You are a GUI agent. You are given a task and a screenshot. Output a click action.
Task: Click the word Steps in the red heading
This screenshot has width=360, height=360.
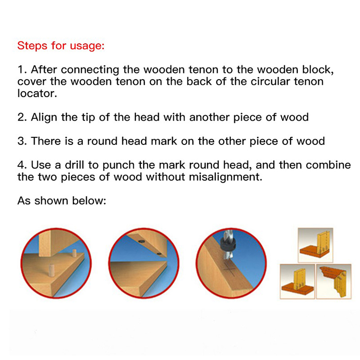pyautogui.click(x=32, y=45)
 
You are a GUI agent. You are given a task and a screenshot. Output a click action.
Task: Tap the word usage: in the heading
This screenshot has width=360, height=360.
pyautogui.click(x=87, y=46)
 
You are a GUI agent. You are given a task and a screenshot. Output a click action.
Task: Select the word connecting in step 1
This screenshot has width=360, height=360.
pyautogui.click(x=90, y=70)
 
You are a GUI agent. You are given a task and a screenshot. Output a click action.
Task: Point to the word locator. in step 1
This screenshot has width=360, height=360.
pyautogui.click(x=37, y=94)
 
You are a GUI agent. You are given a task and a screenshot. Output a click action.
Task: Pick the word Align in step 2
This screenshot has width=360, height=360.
pyautogui.click(x=44, y=117)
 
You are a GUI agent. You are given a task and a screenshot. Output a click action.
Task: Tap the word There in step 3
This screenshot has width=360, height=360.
pyautogui.click(x=46, y=141)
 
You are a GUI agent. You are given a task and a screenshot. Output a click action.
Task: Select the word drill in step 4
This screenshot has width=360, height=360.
pyautogui.click(x=74, y=165)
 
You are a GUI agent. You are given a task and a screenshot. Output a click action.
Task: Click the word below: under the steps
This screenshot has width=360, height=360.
pyautogui.click(x=89, y=201)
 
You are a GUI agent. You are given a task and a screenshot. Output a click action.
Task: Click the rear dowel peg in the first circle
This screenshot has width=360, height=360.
pyautogui.click(x=74, y=253)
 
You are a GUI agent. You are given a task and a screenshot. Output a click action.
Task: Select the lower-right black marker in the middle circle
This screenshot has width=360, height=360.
pyautogui.click(x=159, y=254)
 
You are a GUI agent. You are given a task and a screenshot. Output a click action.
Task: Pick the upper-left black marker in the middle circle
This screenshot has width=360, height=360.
pyautogui.click(x=141, y=241)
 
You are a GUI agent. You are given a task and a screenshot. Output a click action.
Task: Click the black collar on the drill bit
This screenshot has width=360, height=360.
pyautogui.click(x=227, y=246)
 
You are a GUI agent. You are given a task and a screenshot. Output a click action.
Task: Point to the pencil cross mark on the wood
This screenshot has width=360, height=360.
pyautogui.click(x=229, y=269)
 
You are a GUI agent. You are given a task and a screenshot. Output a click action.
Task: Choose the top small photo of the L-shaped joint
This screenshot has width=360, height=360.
pyautogui.click(x=315, y=245)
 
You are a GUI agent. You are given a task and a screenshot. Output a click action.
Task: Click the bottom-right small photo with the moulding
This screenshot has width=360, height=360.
pyautogui.click(x=334, y=282)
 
